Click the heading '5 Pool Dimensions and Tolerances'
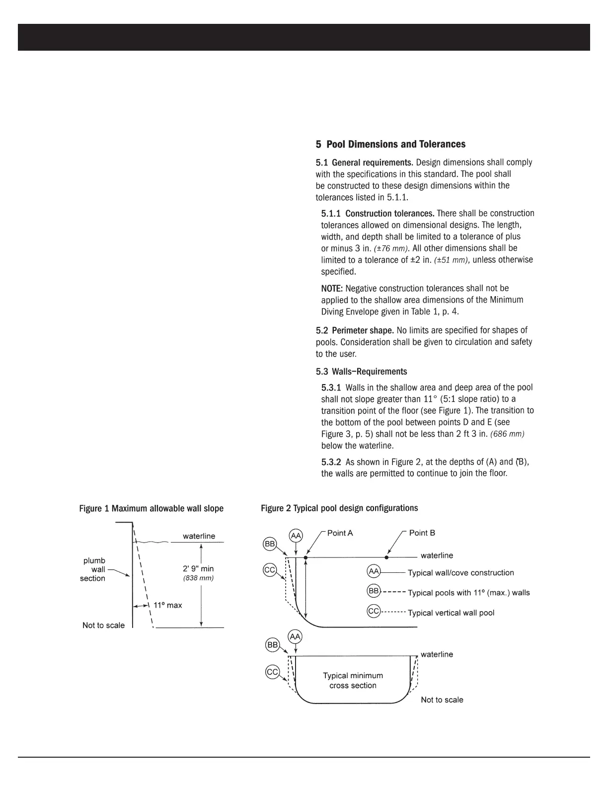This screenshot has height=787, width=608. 390,145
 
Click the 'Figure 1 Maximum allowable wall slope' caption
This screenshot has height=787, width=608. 151,509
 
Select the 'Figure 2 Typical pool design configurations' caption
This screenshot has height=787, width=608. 339,508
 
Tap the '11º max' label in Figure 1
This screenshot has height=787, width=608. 167,605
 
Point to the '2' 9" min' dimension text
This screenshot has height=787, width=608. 198,568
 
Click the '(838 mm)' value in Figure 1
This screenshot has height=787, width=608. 198,578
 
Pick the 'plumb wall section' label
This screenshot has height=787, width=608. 93,569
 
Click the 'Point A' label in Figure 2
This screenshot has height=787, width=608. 340,533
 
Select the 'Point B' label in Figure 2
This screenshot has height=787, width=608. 422,533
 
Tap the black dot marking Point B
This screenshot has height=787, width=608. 386,557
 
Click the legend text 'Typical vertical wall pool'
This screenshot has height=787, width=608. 451,613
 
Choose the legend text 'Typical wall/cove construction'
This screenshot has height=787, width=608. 460,573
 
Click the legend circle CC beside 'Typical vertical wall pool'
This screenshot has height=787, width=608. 374,611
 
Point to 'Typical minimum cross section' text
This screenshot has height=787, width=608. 353,681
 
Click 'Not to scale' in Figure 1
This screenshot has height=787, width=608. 103,626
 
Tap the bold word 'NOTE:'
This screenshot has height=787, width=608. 332,289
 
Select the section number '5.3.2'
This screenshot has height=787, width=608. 331,462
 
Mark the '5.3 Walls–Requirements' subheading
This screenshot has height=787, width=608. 361,372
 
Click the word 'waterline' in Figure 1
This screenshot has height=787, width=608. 199,536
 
